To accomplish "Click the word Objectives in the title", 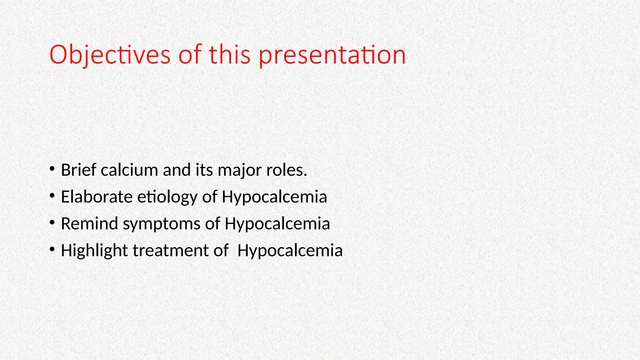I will [x=110, y=55].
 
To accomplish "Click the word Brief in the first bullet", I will [x=78, y=170].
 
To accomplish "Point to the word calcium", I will [x=129, y=170].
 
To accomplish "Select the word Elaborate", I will [x=97, y=197].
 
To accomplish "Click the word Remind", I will [x=89, y=224].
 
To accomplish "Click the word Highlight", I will [x=94, y=251].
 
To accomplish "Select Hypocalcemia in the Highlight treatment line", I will [x=290, y=251].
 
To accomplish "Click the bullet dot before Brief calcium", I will [x=52, y=169].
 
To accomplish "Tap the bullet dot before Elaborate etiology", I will [x=52, y=196].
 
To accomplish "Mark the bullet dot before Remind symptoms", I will [x=52, y=223].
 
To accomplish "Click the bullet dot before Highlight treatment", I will [x=52, y=249].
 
